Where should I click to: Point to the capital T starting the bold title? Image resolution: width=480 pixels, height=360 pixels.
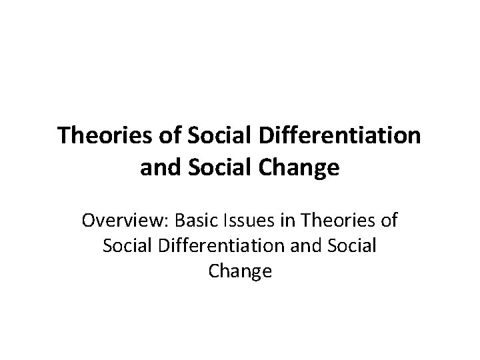point(64,136)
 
